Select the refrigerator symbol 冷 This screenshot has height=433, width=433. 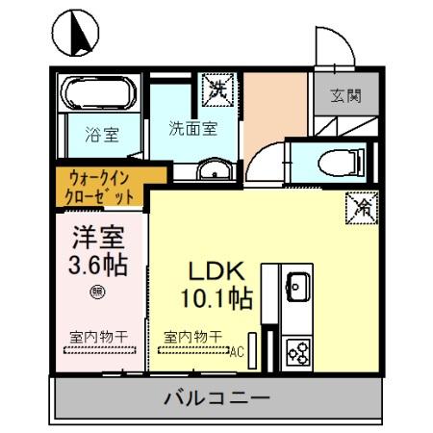pyautogui.click(x=364, y=205)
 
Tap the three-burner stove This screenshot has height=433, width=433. pyautogui.click(x=297, y=351)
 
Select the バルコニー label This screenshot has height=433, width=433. pyautogui.click(x=216, y=396)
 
